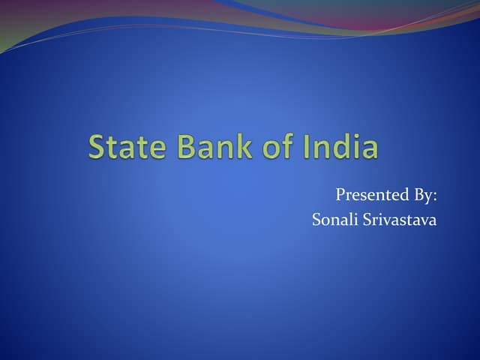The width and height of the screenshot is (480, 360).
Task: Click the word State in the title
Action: coord(127,147)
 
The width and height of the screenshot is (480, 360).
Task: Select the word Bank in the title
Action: coord(215,147)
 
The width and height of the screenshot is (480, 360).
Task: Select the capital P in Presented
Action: coord(340,196)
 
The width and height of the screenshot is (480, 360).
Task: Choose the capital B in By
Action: coord(416,196)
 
